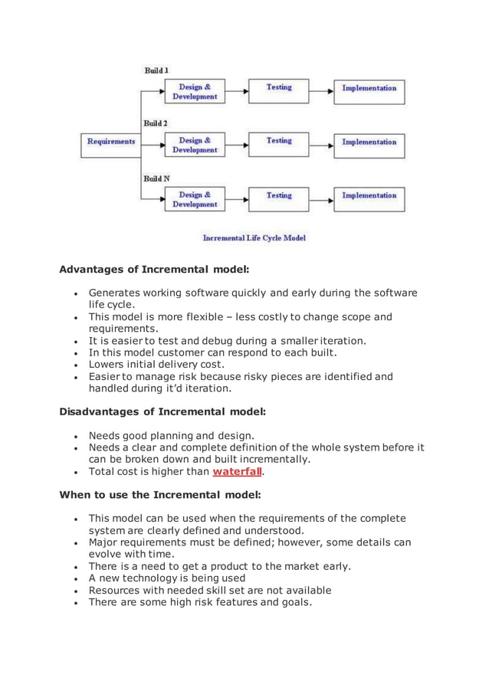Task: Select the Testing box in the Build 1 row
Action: (279, 90)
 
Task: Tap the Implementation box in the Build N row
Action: (369, 199)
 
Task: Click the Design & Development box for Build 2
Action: (195, 145)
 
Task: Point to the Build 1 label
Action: (156, 70)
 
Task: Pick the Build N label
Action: (156, 178)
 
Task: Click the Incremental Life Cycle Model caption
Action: (254, 238)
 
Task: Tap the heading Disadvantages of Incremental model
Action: (162, 411)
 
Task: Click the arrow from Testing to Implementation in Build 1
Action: (321, 90)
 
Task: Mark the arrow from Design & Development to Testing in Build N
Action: (233, 199)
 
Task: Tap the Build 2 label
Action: (156, 123)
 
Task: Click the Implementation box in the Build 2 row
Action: (369, 145)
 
